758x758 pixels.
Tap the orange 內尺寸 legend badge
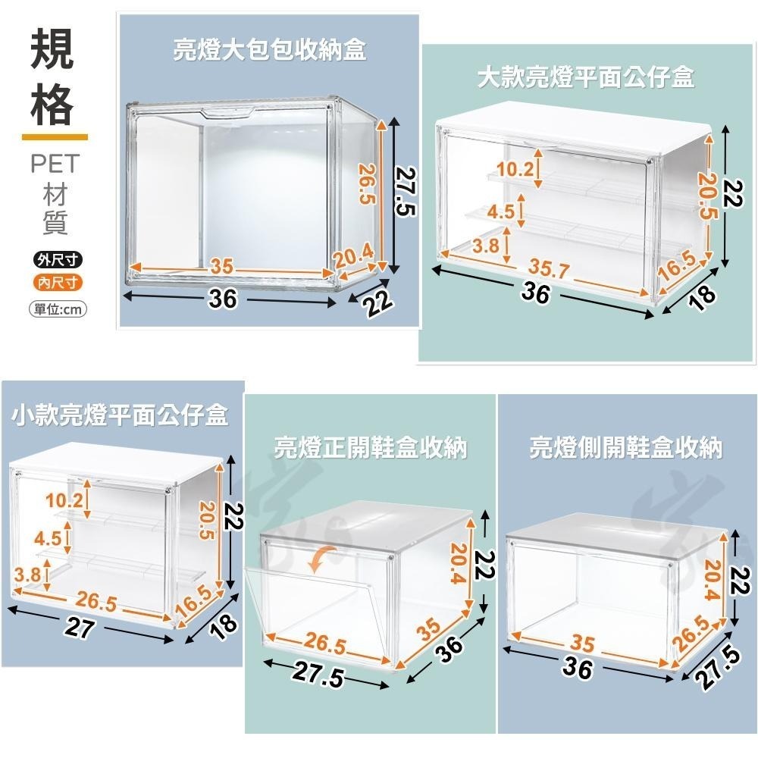(x=58, y=283)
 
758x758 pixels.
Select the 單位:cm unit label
(x=58, y=309)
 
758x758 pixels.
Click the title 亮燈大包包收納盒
(x=269, y=51)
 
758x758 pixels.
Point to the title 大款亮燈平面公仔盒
(x=586, y=77)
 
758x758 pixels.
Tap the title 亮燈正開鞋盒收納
(x=370, y=448)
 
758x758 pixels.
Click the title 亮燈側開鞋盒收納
(x=625, y=448)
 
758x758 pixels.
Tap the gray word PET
(x=55, y=164)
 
